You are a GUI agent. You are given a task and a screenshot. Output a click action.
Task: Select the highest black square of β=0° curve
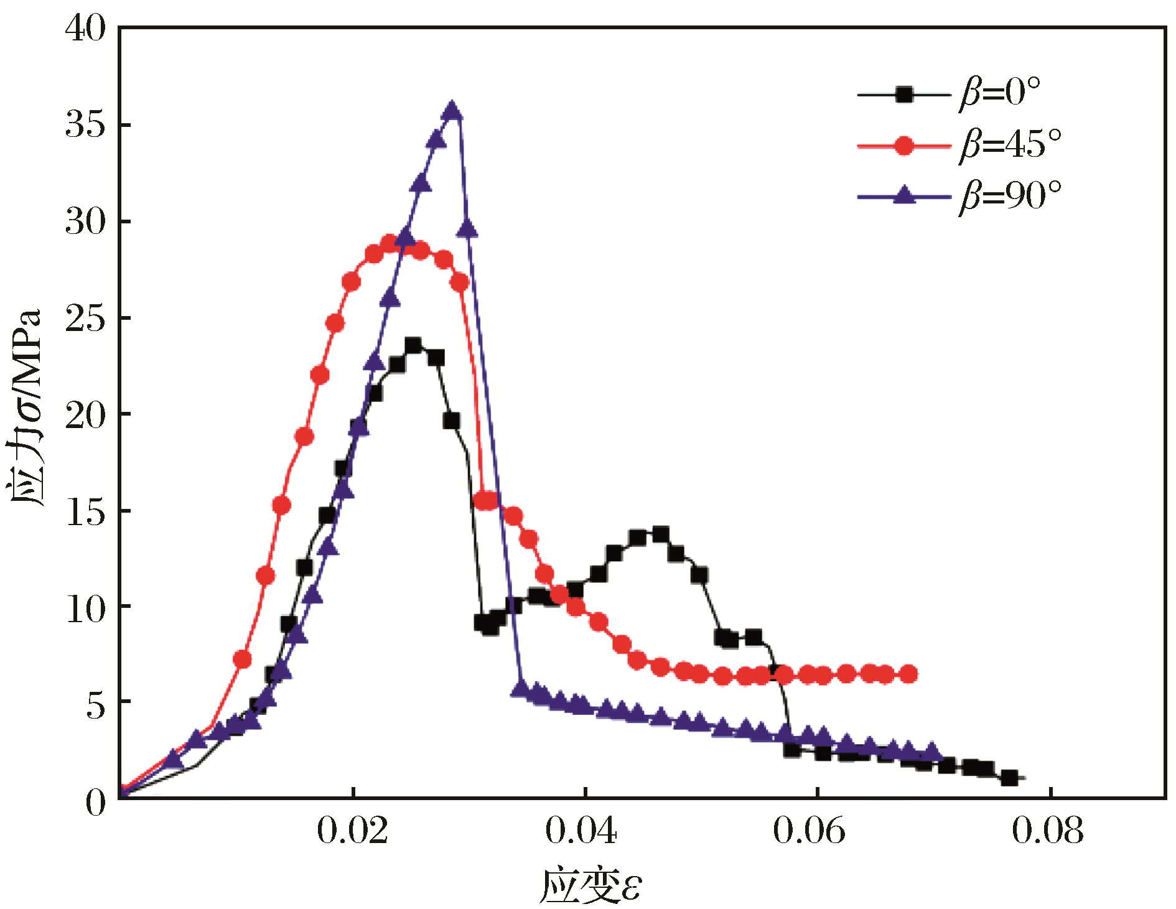(x=413, y=346)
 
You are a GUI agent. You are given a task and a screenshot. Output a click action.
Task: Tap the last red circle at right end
(x=908, y=673)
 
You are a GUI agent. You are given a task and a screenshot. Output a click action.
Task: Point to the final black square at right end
(x=1009, y=778)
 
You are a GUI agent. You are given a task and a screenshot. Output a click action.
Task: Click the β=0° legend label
(x=999, y=93)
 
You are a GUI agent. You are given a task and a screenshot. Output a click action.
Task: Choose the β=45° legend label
(x=1009, y=146)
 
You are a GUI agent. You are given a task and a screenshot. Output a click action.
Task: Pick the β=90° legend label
(x=1009, y=197)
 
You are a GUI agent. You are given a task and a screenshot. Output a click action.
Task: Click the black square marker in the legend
(x=903, y=95)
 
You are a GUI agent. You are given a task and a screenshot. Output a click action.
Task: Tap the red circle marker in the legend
(x=903, y=146)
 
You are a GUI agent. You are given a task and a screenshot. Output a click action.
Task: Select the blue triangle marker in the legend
(x=903, y=195)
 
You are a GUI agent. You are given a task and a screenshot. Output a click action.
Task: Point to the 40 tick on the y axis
(x=85, y=29)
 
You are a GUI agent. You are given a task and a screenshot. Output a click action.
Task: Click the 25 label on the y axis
(x=85, y=319)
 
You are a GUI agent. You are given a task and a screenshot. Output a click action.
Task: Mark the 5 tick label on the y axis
(x=95, y=704)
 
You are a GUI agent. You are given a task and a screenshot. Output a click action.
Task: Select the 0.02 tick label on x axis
(x=352, y=831)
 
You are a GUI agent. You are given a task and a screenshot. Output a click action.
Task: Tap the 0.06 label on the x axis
(x=809, y=831)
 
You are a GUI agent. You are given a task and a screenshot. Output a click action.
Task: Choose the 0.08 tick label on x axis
(x=1048, y=831)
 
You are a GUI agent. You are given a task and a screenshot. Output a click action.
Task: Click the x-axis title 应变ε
(x=589, y=886)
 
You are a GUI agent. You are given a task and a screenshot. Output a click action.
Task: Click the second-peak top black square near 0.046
(x=660, y=534)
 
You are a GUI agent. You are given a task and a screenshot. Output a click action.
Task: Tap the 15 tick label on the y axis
(x=85, y=512)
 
